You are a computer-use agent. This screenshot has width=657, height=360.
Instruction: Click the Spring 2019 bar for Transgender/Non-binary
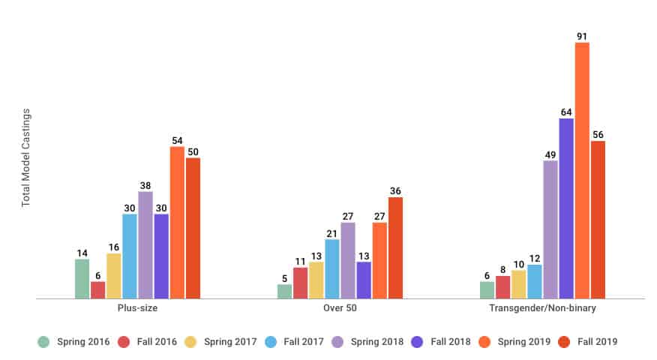(582, 170)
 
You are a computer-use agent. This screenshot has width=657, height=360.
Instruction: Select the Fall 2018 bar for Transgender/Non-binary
(566, 208)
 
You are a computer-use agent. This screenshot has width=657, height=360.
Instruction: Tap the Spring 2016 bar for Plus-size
(82, 279)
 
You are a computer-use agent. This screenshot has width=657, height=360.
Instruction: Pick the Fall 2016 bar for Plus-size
(97, 290)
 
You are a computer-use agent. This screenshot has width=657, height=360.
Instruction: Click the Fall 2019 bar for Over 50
(395, 247)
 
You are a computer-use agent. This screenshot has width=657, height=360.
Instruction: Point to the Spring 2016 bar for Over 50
(284, 291)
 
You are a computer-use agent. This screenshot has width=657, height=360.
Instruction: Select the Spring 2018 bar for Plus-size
(145, 245)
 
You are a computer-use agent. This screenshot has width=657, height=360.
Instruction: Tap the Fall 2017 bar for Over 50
(332, 268)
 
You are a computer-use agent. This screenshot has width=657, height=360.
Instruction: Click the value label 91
(582, 35)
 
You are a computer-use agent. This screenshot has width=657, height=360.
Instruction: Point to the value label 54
(177, 139)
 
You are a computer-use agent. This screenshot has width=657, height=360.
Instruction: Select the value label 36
(395, 190)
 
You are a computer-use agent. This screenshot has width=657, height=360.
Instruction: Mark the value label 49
(550, 154)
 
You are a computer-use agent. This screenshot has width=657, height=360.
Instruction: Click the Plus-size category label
(138, 308)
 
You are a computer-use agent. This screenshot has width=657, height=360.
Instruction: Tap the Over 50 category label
(340, 308)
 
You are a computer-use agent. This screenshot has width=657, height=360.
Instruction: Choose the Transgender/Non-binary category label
(542, 308)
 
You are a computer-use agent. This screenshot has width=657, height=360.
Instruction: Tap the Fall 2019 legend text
(597, 342)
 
